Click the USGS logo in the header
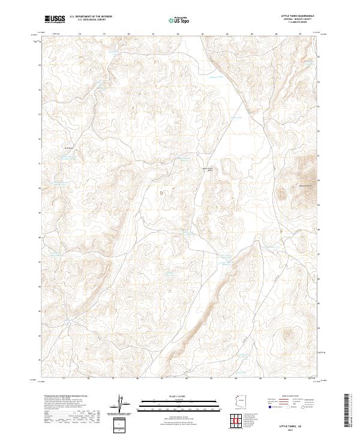(x=54, y=19)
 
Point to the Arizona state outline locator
(x=237, y=401)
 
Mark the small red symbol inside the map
(x=161, y=193)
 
